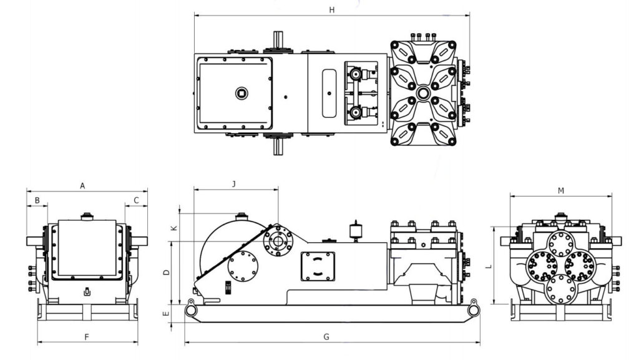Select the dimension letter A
tap(82, 185)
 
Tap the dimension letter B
tap(37, 200)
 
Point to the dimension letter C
tap(136, 200)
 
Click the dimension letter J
tap(233, 183)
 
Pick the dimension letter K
tap(174, 228)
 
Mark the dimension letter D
tap(165, 272)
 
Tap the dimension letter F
tap(87, 337)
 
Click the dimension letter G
tap(326, 337)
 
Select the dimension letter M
tap(561, 190)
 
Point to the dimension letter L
tap(489, 266)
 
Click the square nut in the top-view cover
tap(241, 94)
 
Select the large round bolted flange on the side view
tap(243, 266)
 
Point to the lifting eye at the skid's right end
tap(472, 305)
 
